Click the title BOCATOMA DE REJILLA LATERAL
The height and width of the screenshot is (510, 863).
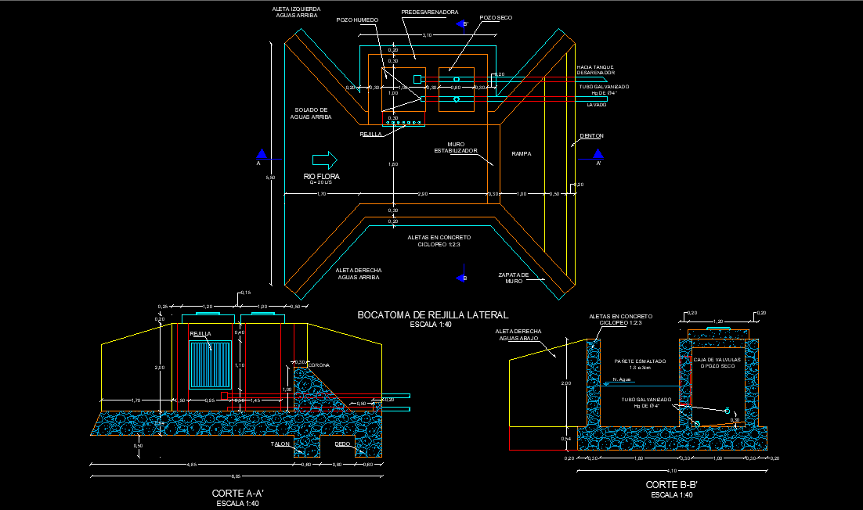point(432,315)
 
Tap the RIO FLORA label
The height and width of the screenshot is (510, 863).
point(322,177)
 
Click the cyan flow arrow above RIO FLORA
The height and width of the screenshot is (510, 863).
point(324,160)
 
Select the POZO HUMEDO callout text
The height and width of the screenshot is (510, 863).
point(358,20)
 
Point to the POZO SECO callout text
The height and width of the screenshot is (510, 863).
point(496,17)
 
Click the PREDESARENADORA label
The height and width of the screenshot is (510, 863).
point(430,13)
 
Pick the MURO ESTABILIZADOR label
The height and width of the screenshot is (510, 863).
point(456,147)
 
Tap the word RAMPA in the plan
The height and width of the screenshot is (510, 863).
point(522,153)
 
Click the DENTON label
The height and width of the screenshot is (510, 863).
point(591,136)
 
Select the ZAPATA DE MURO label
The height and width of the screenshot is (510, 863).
point(514,278)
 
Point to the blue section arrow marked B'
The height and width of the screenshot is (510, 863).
point(461,25)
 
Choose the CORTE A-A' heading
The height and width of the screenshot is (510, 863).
point(237,494)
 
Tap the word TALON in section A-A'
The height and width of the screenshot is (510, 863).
point(280,444)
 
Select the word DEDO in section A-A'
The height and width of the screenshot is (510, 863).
point(342,444)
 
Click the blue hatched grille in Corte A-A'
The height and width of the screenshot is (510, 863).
point(211,365)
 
